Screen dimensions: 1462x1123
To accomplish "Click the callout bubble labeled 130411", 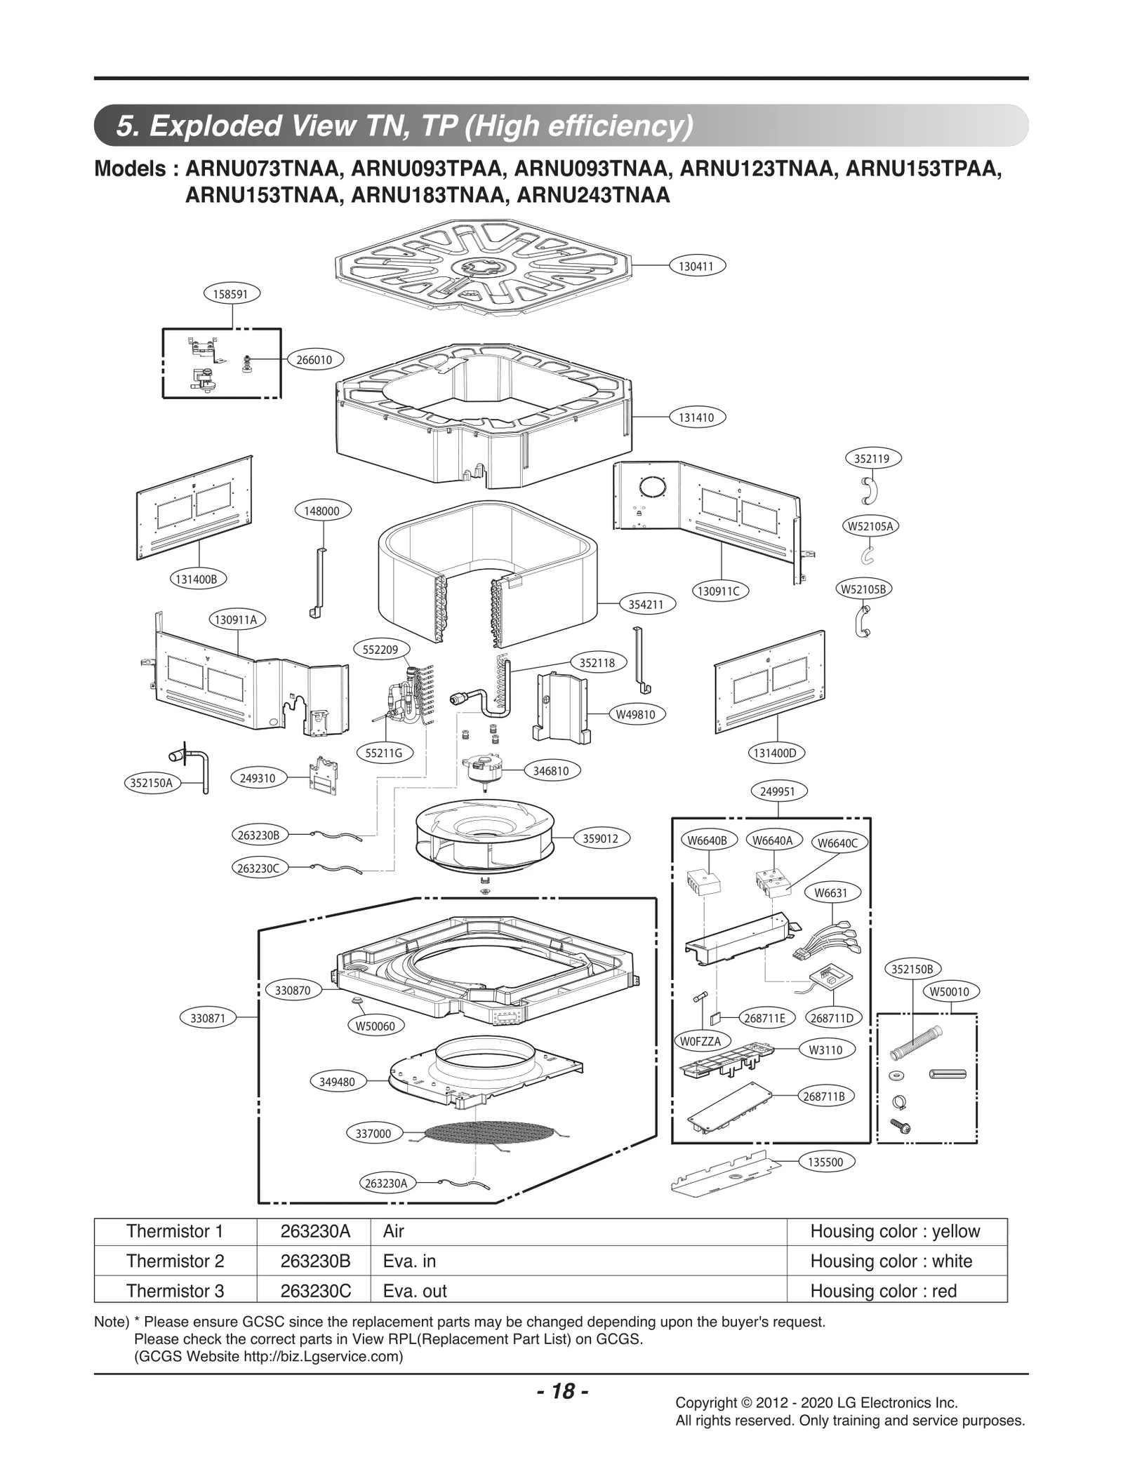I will (x=696, y=266).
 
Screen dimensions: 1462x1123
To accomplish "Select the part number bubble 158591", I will (x=231, y=294).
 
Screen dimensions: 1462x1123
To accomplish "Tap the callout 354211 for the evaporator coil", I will (x=646, y=604).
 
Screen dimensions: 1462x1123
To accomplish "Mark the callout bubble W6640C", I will (x=838, y=843).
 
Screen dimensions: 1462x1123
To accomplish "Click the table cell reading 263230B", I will (x=315, y=1261).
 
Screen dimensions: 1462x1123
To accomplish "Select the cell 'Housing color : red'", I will (x=883, y=1291).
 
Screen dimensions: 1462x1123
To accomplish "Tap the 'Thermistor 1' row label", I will (x=175, y=1231).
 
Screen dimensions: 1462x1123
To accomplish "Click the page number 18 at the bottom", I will (x=562, y=1391).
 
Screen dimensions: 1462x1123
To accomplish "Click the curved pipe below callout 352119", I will (x=869, y=490).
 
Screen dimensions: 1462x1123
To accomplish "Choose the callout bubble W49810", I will (x=635, y=714).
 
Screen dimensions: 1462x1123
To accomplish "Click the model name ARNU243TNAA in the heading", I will (x=593, y=196).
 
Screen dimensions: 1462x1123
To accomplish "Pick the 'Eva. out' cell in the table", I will (x=416, y=1291).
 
